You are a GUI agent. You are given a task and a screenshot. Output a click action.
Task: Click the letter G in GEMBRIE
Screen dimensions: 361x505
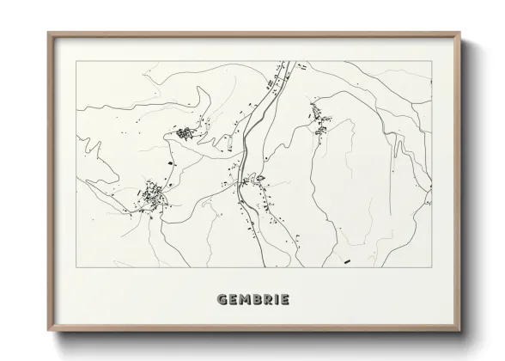click(224, 300)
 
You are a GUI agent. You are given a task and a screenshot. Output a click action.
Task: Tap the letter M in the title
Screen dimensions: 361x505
click(243, 300)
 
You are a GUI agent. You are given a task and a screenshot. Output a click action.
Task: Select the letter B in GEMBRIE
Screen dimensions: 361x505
click(256, 300)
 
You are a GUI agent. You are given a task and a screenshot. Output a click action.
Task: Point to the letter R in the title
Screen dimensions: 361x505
click(267, 300)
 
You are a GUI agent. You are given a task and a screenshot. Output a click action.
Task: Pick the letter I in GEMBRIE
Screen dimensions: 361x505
click(277, 300)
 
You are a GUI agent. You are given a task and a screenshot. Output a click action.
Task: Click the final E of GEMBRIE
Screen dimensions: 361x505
click(284, 300)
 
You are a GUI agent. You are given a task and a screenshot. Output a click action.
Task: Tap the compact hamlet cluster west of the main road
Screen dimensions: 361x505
click(185, 132)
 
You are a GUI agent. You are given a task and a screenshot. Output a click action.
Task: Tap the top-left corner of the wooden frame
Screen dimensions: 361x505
click(48, 34)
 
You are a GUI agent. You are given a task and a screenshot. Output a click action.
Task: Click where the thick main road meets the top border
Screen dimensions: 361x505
click(286, 61)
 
